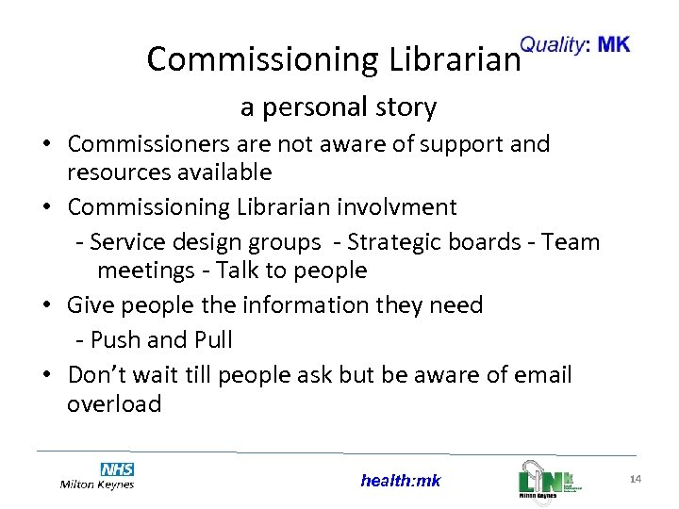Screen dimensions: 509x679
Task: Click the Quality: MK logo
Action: click(575, 44)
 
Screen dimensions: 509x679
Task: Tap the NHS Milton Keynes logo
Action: click(97, 476)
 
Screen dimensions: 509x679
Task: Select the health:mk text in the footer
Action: click(400, 481)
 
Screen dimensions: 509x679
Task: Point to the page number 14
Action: click(635, 481)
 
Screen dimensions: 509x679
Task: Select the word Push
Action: click(117, 339)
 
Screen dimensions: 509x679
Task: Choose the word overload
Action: click(114, 404)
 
